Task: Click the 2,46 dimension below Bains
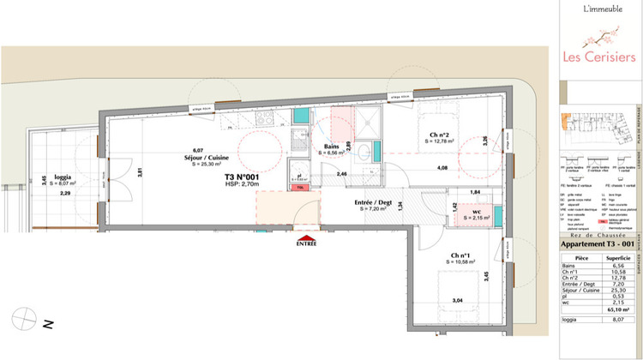[340, 175]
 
